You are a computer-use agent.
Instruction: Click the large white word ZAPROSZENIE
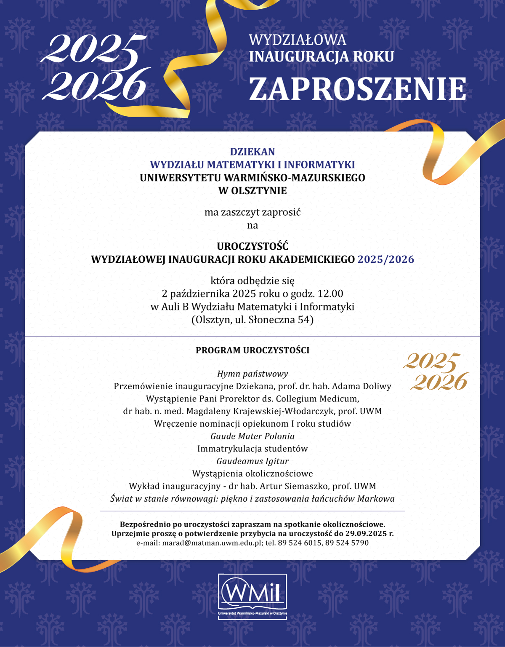(x=357, y=89)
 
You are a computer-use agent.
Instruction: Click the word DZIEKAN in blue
(x=252, y=152)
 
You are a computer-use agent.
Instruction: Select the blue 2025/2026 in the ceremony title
(x=386, y=259)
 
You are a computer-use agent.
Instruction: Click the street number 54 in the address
(x=304, y=320)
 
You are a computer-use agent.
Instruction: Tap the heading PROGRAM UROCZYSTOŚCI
(x=252, y=350)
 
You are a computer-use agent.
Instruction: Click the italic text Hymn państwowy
(x=252, y=374)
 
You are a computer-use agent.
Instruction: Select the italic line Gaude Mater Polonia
(x=252, y=436)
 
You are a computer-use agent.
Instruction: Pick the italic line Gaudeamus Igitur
(x=252, y=461)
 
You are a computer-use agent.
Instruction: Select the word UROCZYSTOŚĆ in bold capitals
(x=252, y=246)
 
